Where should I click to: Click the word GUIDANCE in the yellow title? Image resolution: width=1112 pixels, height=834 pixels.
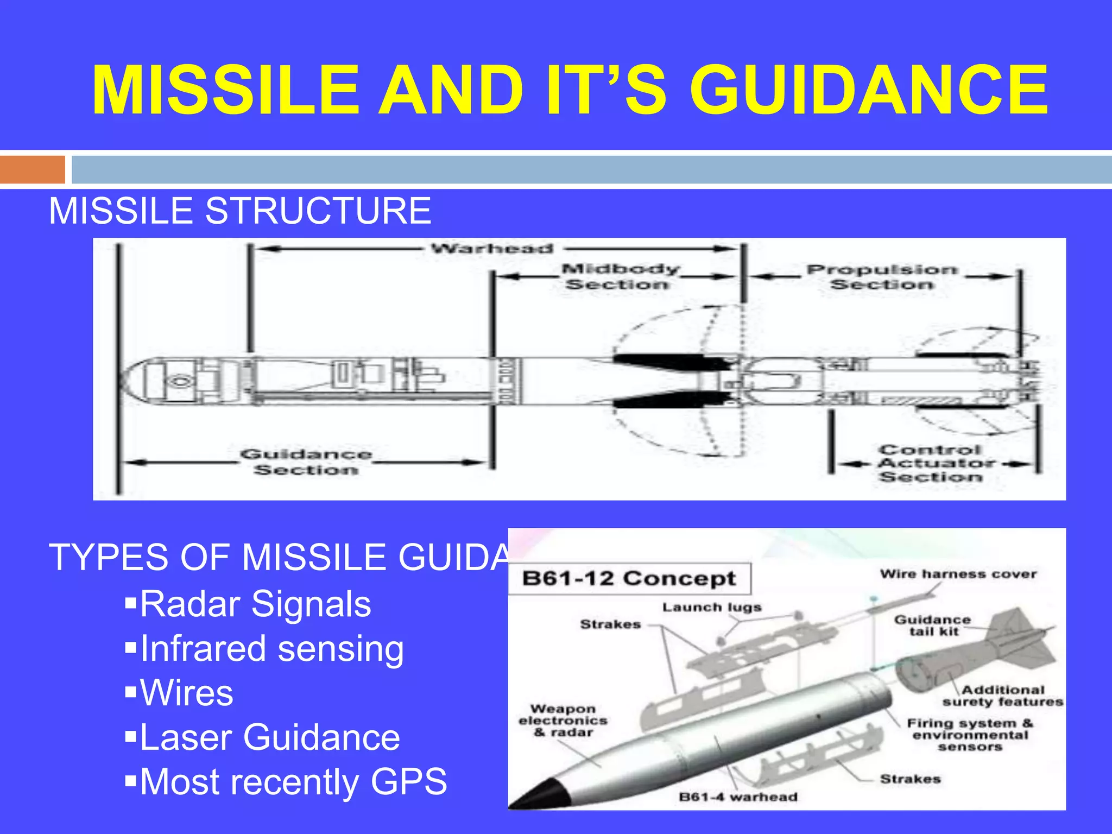[x=869, y=90]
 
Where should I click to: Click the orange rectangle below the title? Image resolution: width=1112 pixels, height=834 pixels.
[x=33, y=169]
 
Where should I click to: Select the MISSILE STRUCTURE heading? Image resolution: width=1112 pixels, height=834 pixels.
[x=240, y=211]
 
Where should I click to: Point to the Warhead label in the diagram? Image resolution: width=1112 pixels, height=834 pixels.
[x=492, y=249]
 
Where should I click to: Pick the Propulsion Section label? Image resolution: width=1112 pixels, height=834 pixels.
[x=882, y=276]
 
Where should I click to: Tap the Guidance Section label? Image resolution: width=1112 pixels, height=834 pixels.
[x=306, y=462]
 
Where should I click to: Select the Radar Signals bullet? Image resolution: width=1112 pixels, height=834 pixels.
[x=255, y=604]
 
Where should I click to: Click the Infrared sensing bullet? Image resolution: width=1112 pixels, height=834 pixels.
[x=271, y=649]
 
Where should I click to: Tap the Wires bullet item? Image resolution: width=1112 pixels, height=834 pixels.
[x=186, y=693]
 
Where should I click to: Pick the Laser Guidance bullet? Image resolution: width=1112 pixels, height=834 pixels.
[x=270, y=737]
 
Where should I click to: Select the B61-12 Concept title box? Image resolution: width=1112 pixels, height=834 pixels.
[x=629, y=578]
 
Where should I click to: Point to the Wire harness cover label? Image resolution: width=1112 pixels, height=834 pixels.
[x=958, y=574]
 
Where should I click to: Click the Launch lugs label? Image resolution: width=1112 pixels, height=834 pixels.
[x=711, y=607]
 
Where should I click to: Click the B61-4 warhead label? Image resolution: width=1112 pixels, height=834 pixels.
[x=738, y=797]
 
